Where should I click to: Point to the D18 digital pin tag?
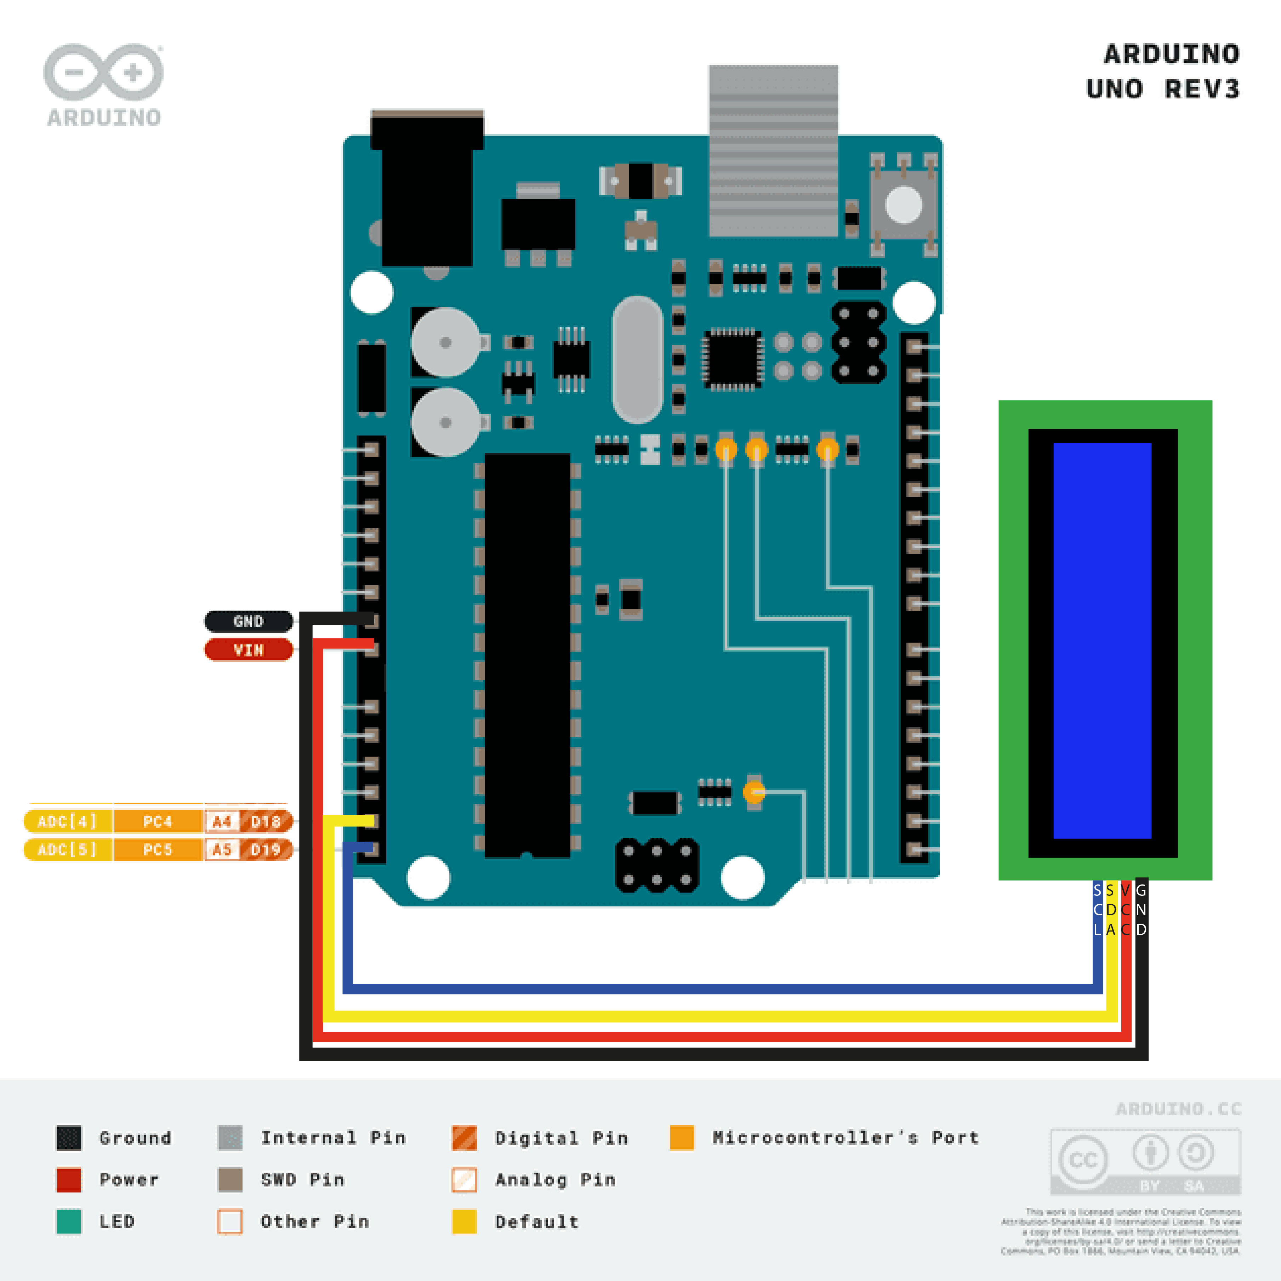click(266, 821)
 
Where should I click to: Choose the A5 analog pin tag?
click(221, 850)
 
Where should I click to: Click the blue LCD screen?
click(1102, 640)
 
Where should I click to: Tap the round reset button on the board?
click(904, 204)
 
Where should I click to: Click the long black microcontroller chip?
click(527, 655)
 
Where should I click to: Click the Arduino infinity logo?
click(103, 73)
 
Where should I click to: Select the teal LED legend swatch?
click(69, 1221)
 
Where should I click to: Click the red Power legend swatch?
click(69, 1179)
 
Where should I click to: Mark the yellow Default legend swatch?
click(464, 1221)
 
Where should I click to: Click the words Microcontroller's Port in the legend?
click(846, 1138)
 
